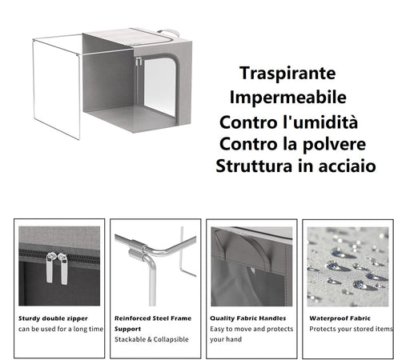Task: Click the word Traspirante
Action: coord(287,73)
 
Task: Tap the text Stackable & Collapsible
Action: coord(151,339)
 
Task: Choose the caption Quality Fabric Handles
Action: coord(247,317)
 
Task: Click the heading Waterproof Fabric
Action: coord(340,317)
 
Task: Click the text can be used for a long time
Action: coord(61,328)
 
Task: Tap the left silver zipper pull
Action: coord(50,268)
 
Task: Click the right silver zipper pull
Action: coord(61,268)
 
